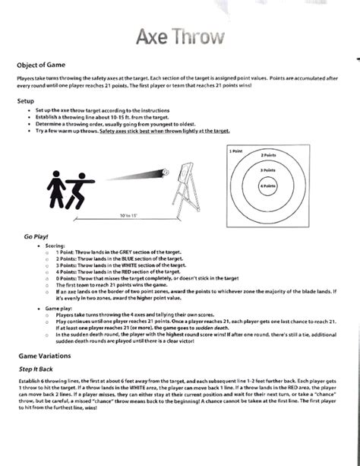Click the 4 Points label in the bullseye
pyautogui.click(x=267, y=185)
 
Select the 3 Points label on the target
pyautogui.click(x=267, y=170)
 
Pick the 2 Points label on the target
pyautogui.click(x=267, y=155)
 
